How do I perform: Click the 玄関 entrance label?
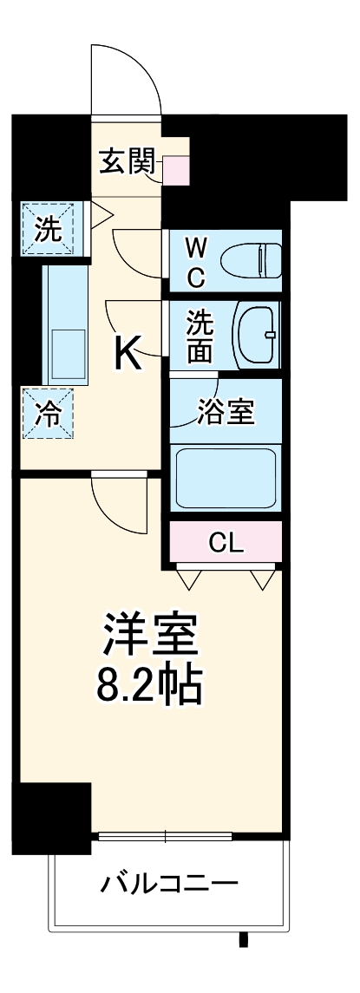tap(126, 163)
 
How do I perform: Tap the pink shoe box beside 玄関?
tap(177, 169)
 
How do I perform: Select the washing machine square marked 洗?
tap(49, 229)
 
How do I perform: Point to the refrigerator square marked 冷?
tap(49, 414)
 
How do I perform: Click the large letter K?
tap(128, 352)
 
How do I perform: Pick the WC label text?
tap(196, 263)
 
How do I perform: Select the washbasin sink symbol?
tap(256, 335)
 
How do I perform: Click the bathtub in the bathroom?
tap(226, 478)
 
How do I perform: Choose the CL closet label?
tap(226, 543)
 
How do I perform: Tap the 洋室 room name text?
tap(153, 639)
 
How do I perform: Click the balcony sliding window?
tap(165, 836)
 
